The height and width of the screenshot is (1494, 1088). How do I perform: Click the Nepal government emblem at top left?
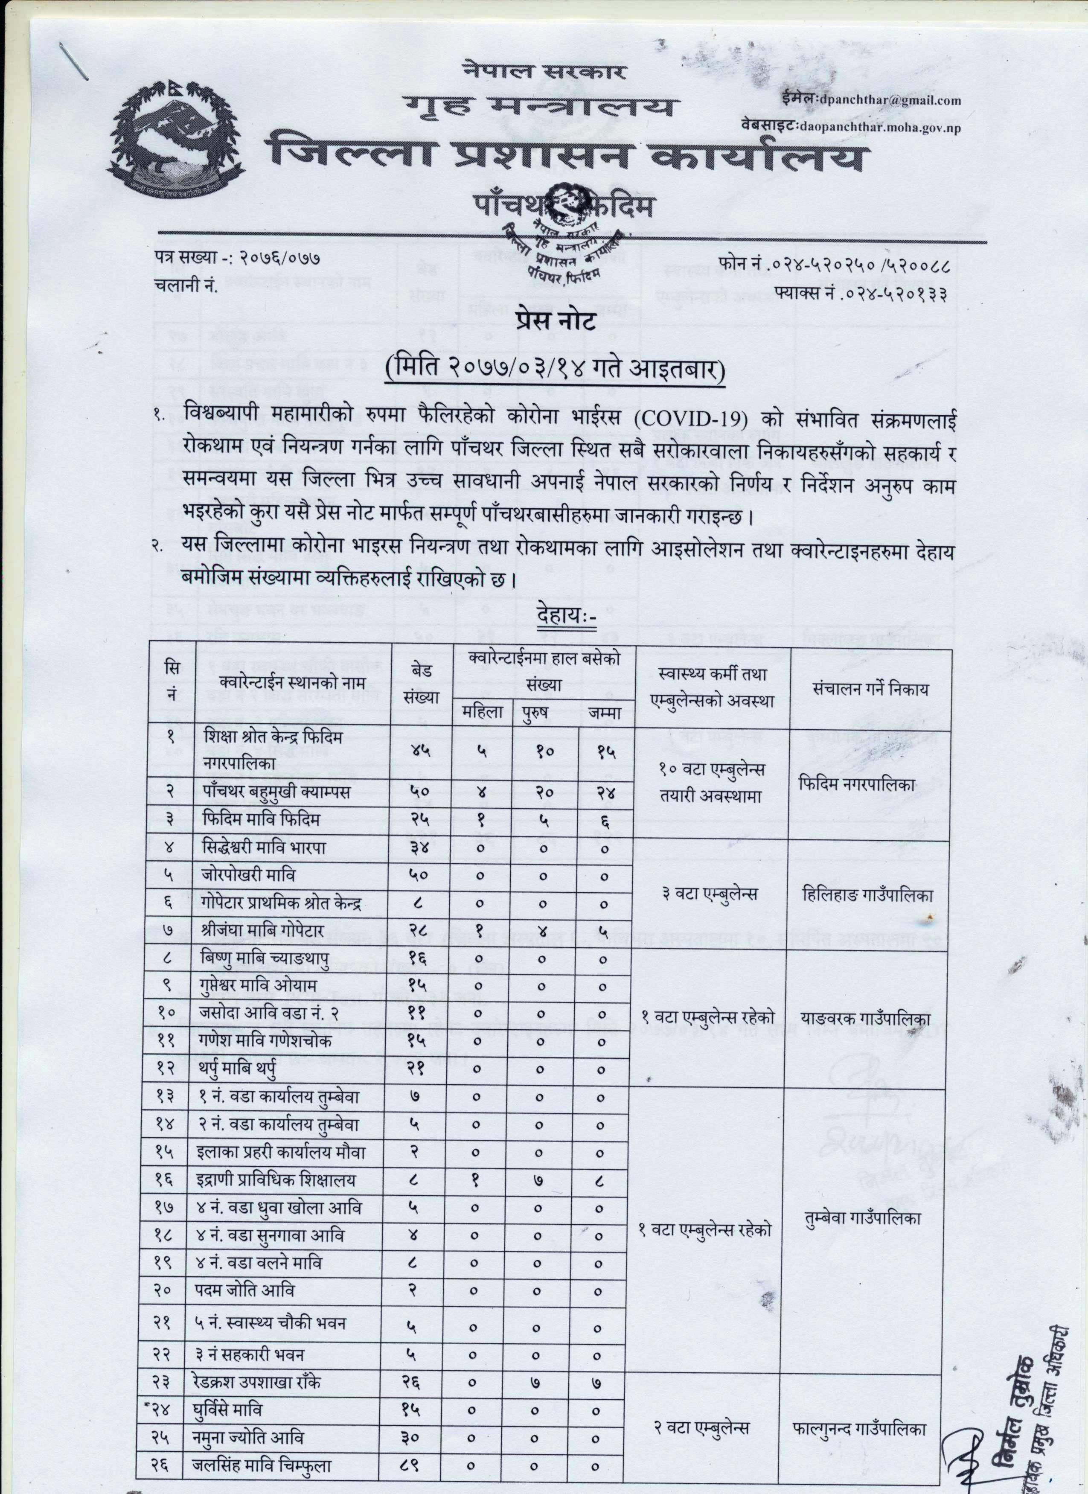[177, 137]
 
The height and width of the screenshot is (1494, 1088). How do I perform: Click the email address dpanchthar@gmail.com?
[889, 100]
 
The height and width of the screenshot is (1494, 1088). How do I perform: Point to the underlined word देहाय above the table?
[564, 619]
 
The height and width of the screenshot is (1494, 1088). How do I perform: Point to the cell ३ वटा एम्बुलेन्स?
[709, 894]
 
